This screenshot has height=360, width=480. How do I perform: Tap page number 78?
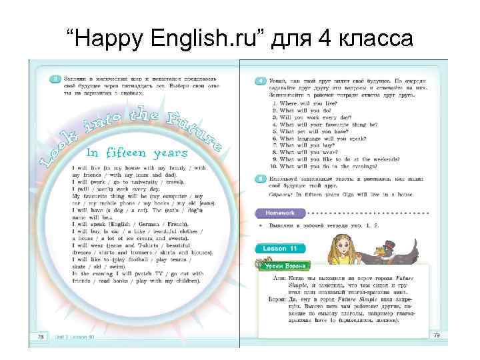(x=41, y=338)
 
